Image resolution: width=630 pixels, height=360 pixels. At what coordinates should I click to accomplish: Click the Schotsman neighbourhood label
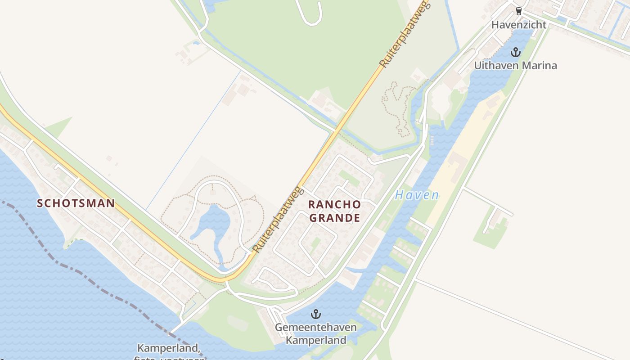76,203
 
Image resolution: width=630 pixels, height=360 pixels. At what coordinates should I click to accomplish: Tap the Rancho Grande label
334,211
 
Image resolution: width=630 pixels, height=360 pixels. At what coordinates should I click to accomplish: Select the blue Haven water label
417,195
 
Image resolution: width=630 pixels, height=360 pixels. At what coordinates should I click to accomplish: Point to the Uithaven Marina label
515,66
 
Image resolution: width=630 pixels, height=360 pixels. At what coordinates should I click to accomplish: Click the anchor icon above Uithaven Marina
516,53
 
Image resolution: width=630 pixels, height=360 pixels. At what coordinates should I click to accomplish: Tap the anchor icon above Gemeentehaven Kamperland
316,314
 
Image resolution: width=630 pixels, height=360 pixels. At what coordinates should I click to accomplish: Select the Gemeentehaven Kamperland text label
316,333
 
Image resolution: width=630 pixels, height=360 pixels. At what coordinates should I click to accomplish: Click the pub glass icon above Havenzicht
518,11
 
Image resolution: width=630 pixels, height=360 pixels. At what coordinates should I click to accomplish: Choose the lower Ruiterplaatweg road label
276,219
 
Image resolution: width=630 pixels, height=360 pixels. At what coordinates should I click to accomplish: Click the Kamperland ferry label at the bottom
168,349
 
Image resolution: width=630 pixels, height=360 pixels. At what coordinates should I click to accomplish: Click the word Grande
334,218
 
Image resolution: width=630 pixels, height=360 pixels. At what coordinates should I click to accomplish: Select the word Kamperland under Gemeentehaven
316,340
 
